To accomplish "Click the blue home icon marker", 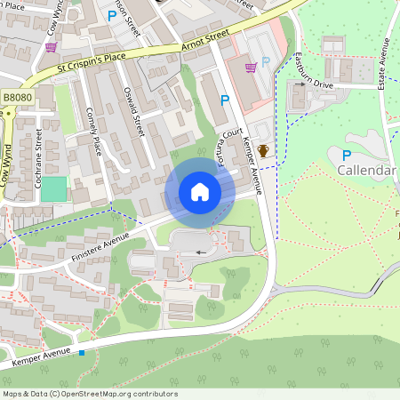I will (199, 191).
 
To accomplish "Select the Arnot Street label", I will (204, 37).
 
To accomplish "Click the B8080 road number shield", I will (16, 96).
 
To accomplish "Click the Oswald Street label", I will (133, 111).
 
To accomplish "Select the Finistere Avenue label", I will (100, 249).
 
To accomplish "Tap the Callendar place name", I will (366, 170).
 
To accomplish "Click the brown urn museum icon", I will (263, 151).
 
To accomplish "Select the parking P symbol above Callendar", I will (346, 155).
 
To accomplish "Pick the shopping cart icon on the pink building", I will (251, 66).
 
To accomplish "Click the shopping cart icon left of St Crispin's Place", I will (51, 47).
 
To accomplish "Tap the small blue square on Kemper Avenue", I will (82, 353).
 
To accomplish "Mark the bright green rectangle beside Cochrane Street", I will (53, 189).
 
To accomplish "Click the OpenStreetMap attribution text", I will (90, 394).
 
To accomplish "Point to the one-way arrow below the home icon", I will (201, 252).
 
